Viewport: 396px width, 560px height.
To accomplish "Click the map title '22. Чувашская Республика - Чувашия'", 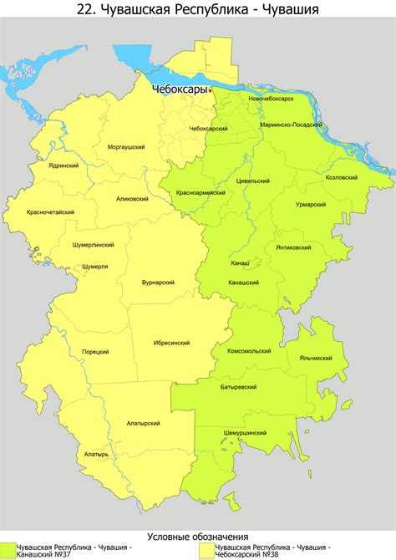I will (x=198, y=10).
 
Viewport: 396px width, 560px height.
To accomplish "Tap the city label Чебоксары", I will (x=179, y=89).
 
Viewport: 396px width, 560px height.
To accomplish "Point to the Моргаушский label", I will (x=127, y=147).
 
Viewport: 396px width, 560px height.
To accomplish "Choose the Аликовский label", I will (x=132, y=199).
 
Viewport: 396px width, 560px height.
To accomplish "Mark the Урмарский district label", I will (x=311, y=204).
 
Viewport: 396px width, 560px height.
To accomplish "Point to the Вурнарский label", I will (x=157, y=283).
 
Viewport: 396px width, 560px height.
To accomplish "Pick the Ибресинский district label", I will (x=171, y=343).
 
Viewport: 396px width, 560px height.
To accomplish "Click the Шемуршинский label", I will (x=246, y=433).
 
